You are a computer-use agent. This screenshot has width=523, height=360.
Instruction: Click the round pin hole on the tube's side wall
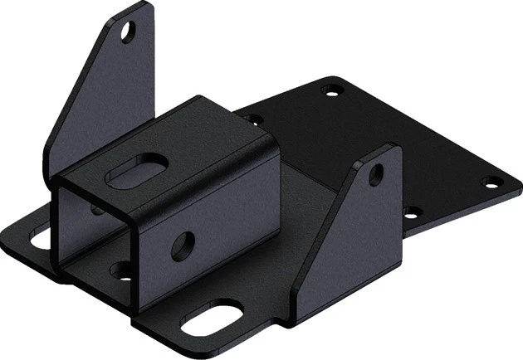(x=182, y=243)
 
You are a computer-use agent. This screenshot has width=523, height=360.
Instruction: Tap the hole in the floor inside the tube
(x=121, y=269)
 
